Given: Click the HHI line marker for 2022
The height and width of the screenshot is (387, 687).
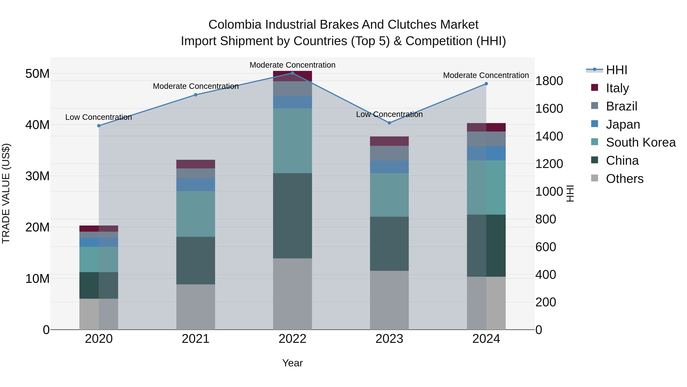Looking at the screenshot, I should click(292, 73).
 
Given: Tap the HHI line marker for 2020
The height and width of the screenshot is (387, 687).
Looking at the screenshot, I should click(99, 126).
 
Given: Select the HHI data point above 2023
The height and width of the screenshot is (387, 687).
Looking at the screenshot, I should click(389, 123).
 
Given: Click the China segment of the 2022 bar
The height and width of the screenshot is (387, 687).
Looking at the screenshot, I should click(292, 216).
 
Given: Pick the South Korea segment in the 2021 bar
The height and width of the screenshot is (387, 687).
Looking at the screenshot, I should click(195, 214).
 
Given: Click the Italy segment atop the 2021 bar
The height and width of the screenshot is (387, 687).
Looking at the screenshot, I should click(195, 164).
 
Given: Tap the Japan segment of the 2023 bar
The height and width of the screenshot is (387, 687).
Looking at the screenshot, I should click(389, 167).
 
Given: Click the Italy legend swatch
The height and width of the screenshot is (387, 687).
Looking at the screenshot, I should click(594, 88).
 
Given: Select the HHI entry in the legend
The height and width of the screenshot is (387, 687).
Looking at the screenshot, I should click(616, 70).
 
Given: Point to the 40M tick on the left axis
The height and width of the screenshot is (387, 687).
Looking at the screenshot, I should click(37, 125).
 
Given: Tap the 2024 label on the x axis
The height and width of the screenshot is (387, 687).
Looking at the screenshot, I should click(486, 339).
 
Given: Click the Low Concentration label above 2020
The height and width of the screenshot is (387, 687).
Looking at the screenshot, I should click(98, 117).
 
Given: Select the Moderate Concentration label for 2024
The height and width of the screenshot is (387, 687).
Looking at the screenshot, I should click(486, 75).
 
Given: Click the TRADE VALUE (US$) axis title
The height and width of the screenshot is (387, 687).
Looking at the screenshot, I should click(6, 193).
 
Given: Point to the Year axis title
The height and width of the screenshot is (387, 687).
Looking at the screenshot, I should click(292, 363).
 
